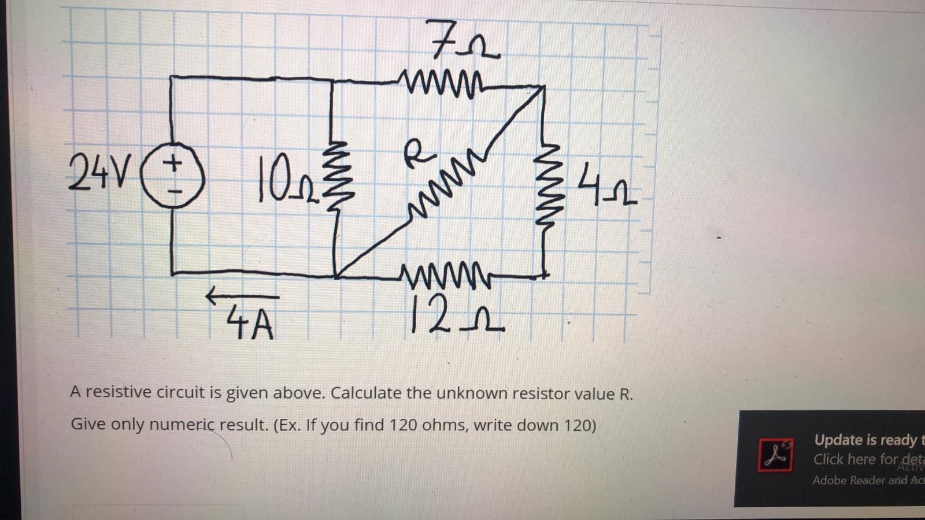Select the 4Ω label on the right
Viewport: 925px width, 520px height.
point(606,184)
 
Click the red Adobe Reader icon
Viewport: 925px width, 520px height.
point(775,454)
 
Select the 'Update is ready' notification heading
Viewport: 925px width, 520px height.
point(865,440)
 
